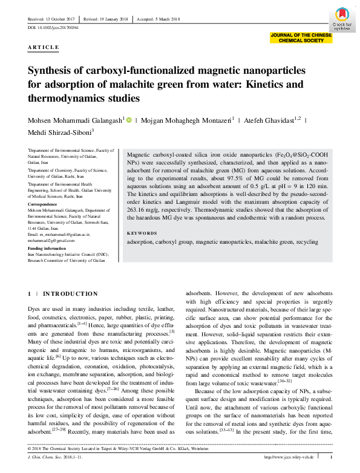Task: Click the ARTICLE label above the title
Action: click(x=44, y=47)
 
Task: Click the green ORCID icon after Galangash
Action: click(x=128, y=120)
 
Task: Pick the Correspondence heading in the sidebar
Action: click(x=45, y=204)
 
